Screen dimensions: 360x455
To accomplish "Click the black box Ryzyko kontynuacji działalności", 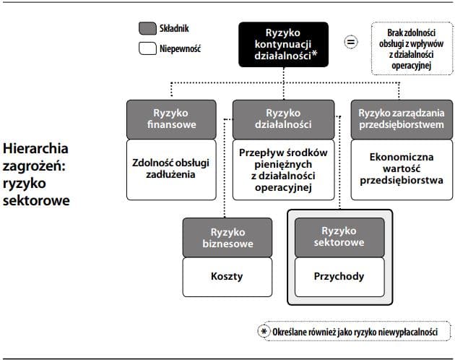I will pos(282,44).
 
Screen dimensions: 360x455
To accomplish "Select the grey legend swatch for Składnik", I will pos(147,29).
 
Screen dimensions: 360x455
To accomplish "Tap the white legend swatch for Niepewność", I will pos(147,49).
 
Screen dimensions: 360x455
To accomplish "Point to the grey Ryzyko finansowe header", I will pos(171,119).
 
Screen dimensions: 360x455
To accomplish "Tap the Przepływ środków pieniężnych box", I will pos(283,170).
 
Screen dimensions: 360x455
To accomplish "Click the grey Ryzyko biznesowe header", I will pos(227,238).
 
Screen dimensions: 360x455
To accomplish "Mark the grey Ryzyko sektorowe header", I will pos(339,238).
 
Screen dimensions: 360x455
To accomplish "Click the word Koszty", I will pos(227,276).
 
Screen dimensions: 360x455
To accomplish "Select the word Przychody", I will pos(339,276).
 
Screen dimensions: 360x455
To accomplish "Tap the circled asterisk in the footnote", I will pos(264,332).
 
